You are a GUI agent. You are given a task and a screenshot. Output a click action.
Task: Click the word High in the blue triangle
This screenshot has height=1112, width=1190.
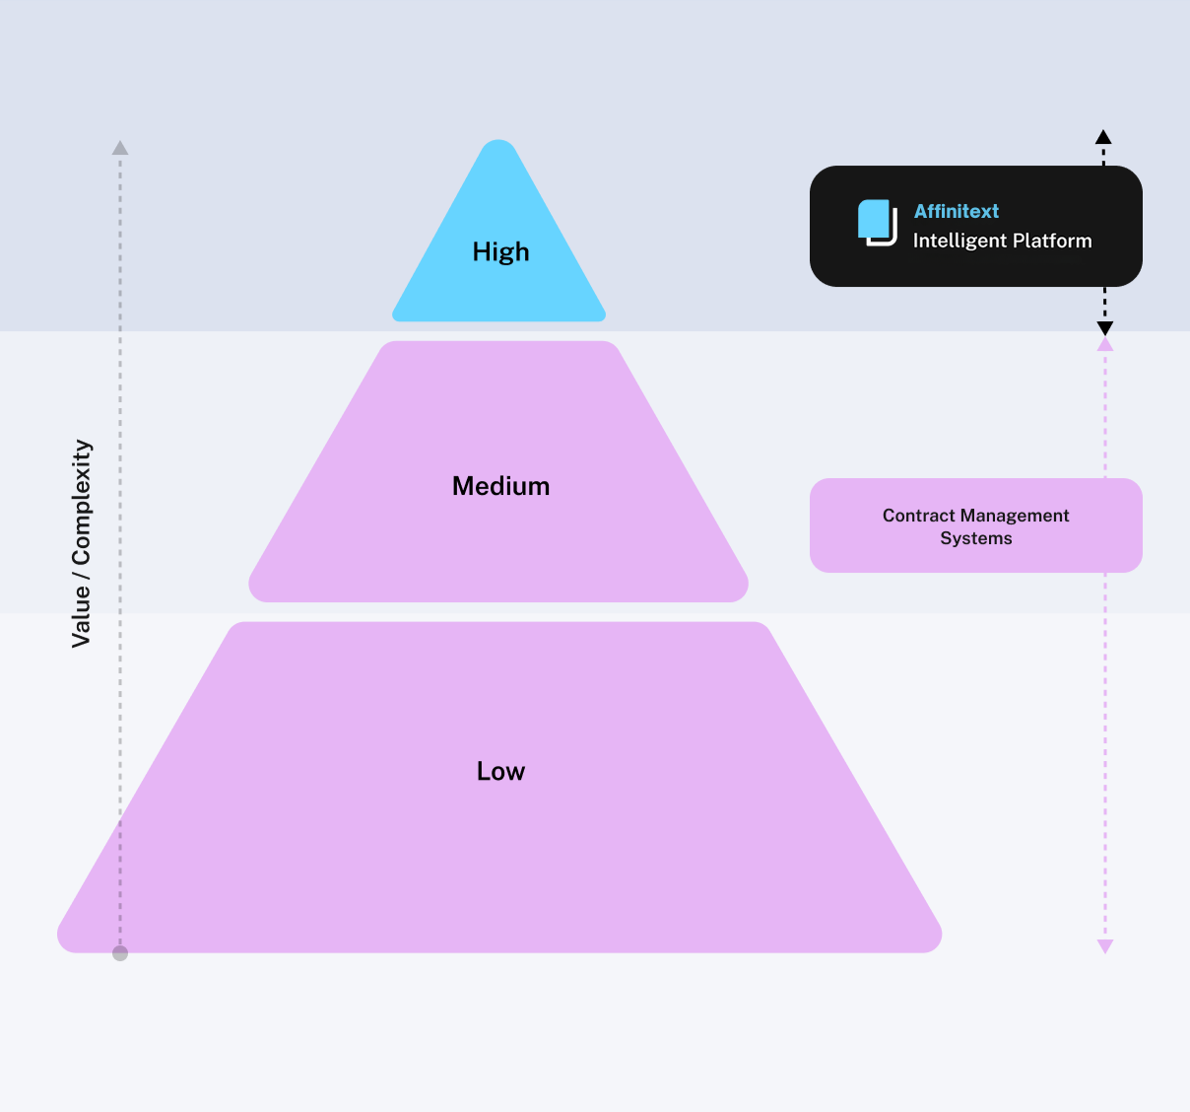pyautogui.click(x=500, y=252)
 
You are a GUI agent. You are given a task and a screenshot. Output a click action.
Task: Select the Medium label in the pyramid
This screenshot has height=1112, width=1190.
pyautogui.click(x=500, y=486)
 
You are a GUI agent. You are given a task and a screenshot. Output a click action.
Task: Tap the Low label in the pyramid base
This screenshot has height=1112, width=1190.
pyautogui.click(x=500, y=771)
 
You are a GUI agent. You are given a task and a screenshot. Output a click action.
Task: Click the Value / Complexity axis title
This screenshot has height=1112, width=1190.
pyautogui.click(x=82, y=543)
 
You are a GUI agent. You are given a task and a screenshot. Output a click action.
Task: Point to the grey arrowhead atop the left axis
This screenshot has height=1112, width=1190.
pyautogui.click(x=120, y=148)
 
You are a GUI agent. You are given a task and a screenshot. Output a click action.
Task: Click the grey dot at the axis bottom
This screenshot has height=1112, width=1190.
pyautogui.click(x=120, y=953)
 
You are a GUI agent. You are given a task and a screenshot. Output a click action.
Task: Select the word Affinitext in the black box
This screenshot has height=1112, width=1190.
pyautogui.click(x=956, y=211)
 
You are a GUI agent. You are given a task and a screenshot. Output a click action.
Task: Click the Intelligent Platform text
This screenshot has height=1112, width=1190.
pyautogui.click(x=1002, y=241)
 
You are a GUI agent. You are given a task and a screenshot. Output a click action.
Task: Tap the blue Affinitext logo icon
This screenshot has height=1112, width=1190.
pyautogui.click(x=877, y=222)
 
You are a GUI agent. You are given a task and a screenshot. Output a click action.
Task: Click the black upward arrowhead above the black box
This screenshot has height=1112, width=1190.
pyautogui.click(x=1104, y=137)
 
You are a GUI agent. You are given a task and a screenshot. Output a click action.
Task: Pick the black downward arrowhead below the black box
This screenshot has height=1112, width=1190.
pyautogui.click(x=1105, y=328)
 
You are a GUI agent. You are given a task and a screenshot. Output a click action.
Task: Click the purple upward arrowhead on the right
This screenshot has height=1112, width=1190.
pyautogui.click(x=1105, y=344)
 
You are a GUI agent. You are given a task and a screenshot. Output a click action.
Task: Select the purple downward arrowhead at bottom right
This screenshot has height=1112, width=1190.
pyautogui.click(x=1105, y=946)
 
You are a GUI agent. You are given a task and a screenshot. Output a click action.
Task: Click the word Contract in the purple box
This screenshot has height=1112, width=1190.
pyautogui.click(x=918, y=516)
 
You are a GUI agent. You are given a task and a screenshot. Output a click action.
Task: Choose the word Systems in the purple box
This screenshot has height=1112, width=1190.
pyautogui.click(x=976, y=538)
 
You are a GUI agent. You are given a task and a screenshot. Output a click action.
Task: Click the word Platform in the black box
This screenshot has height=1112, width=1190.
pyautogui.click(x=1055, y=241)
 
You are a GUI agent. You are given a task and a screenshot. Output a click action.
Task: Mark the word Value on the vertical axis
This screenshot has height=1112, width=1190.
pyautogui.click(x=82, y=616)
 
